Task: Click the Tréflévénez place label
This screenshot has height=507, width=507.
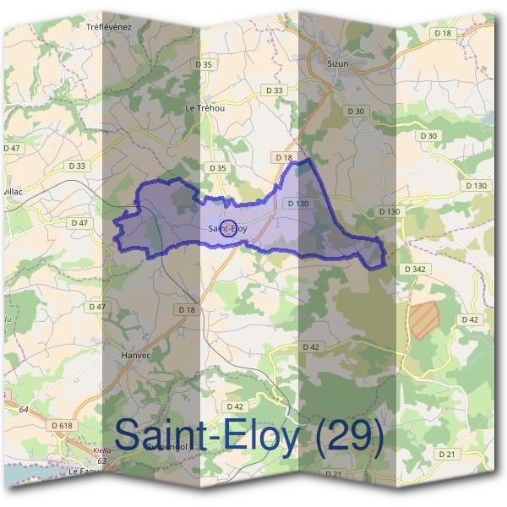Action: pyautogui.click(x=110, y=27)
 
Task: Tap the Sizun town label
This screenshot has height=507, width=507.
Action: pyautogui.click(x=337, y=63)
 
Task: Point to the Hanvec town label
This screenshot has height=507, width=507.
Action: pyautogui.click(x=135, y=356)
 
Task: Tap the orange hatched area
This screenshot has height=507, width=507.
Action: pyautogui.click(x=424, y=319)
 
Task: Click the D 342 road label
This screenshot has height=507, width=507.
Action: pyautogui.click(x=414, y=268)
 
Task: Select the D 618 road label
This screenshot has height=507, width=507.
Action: pyautogui.click(x=62, y=424)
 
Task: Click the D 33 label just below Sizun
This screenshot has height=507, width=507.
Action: pyautogui.click(x=273, y=90)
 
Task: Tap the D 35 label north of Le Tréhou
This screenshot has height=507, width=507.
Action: pyautogui.click(x=203, y=63)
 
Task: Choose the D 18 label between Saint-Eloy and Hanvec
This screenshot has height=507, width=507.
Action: pyautogui.click(x=187, y=310)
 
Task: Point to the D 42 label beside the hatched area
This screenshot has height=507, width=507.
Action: pyautogui.click(x=471, y=319)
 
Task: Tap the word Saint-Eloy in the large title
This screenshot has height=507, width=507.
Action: pyautogui.click(x=206, y=437)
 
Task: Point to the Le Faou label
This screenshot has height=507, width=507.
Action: pyautogui.click(x=84, y=471)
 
